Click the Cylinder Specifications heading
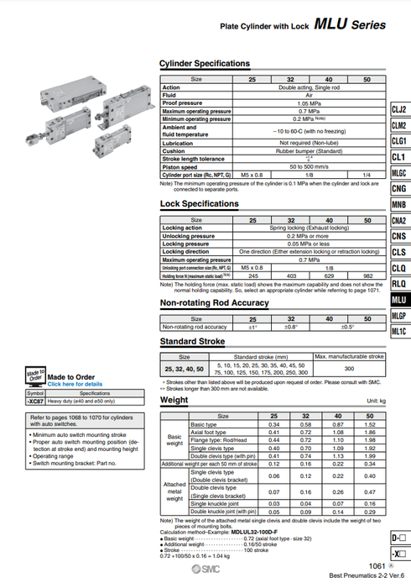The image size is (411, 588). pyautogui.click(x=204, y=64)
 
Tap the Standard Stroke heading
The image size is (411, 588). pyautogui.click(x=192, y=343)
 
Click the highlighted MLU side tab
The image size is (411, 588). pyautogui.click(x=399, y=299)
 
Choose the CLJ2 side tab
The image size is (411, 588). pyautogui.click(x=399, y=111)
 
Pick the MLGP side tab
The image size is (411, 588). pyautogui.click(x=399, y=315)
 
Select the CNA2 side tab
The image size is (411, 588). pyautogui.click(x=399, y=221)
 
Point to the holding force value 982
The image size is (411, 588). pyautogui.click(x=367, y=276)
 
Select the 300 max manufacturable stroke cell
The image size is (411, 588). pyautogui.click(x=348, y=369)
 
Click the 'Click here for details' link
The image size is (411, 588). pyautogui.click(x=75, y=384)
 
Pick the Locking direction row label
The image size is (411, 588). pyautogui.click(x=185, y=251)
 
